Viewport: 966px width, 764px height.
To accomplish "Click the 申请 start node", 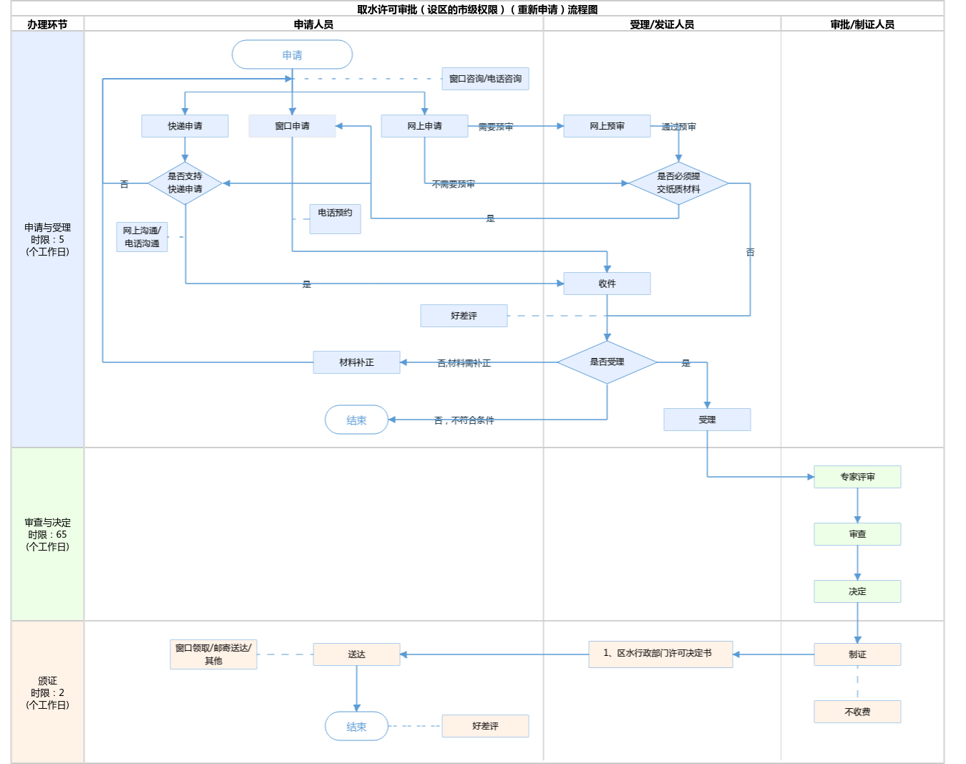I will tap(292, 55).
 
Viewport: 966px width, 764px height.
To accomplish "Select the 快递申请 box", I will tap(185, 126).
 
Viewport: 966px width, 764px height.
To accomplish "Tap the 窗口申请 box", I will tap(292, 126).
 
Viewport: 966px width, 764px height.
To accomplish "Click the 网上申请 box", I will tap(424, 126).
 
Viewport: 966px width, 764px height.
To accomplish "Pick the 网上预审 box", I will tap(607, 126).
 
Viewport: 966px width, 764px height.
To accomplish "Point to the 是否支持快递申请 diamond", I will tap(185, 183).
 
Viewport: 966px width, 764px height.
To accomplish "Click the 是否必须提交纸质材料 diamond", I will tap(678, 183).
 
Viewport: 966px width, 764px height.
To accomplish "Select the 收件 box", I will tap(607, 284).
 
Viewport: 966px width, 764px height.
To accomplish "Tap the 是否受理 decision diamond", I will tap(607, 362).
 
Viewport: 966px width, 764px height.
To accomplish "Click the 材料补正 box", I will tap(356, 362).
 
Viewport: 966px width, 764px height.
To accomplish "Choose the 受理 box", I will tap(707, 420).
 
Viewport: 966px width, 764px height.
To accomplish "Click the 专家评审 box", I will tap(857, 477).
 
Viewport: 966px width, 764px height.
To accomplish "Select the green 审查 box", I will tap(857, 534).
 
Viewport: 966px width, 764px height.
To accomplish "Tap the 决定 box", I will tap(857, 591).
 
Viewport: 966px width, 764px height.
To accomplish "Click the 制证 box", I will tap(857, 654).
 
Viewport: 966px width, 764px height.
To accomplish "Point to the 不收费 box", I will tap(857, 712).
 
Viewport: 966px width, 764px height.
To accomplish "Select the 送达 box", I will tap(356, 654).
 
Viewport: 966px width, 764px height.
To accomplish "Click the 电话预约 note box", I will tap(335, 218).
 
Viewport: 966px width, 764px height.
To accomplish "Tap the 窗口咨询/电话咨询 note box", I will tap(485, 79).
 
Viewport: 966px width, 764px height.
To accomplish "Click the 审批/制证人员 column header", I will tap(862, 24).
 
